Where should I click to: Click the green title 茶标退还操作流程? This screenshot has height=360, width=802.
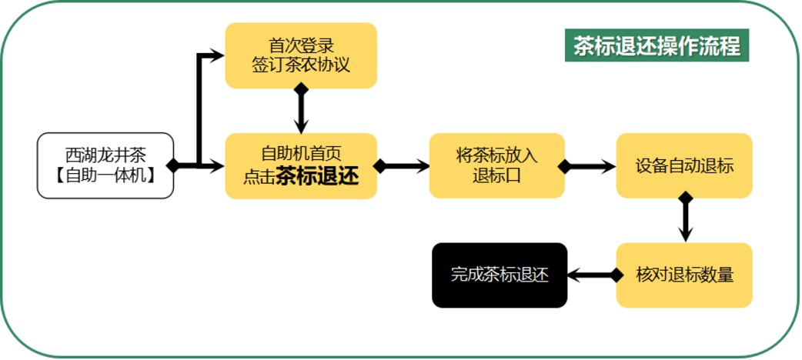pyautogui.click(x=657, y=46)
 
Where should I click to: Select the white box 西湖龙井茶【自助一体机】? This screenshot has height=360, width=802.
pyautogui.click(x=105, y=165)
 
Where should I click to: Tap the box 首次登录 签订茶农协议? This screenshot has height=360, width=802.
pyautogui.click(x=301, y=55)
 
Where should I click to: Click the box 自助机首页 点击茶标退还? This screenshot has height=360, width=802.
pyautogui.click(x=301, y=165)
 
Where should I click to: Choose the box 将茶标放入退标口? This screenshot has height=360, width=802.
pyautogui.click(x=496, y=165)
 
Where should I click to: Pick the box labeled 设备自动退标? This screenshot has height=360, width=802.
pyautogui.click(x=684, y=165)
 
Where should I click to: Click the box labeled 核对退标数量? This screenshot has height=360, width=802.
pyautogui.click(x=684, y=275)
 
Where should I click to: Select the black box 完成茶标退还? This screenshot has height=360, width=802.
pyautogui.click(x=500, y=275)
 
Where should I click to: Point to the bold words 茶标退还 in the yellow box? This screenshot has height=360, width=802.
pyautogui.click(x=317, y=177)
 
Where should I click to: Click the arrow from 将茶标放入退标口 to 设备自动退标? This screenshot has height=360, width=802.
pyautogui.click(x=590, y=165)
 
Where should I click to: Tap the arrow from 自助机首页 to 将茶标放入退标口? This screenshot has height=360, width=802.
pyautogui.click(x=403, y=165)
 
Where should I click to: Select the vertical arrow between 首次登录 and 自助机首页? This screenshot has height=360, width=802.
pyautogui.click(x=301, y=110)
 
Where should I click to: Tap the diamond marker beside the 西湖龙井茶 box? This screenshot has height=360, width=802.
pyautogui.click(x=174, y=165)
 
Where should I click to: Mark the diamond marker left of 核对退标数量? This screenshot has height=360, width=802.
pyautogui.click(x=616, y=275)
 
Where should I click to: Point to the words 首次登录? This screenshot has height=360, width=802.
pyautogui.click(x=301, y=45)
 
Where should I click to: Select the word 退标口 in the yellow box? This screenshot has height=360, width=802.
pyautogui.click(x=496, y=175)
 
